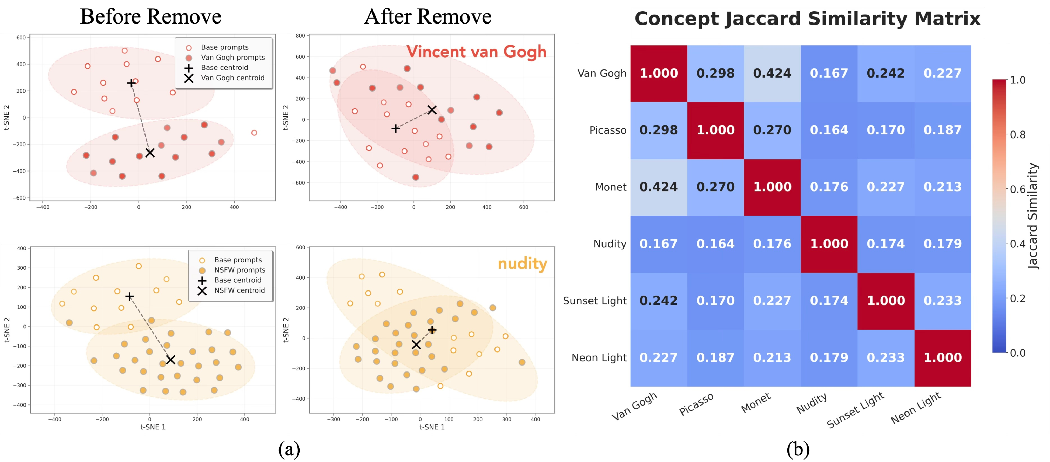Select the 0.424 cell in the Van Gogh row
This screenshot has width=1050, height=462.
[x=772, y=73]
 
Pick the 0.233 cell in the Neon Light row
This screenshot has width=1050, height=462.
[x=885, y=357]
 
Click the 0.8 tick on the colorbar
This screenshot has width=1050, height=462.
[x=1017, y=135]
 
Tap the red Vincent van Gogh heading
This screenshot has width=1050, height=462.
[x=476, y=52]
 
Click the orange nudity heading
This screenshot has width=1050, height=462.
[x=522, y=263]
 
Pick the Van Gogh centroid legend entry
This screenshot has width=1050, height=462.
[x=232, y=78]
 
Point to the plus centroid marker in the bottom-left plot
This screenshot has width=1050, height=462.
[x=129, y=296]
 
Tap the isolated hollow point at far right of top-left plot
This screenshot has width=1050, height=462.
[x=254, y=133]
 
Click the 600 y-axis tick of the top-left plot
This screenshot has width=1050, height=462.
[x=21, y=37]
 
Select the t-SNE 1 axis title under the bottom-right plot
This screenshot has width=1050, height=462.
[x=432, y=427]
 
